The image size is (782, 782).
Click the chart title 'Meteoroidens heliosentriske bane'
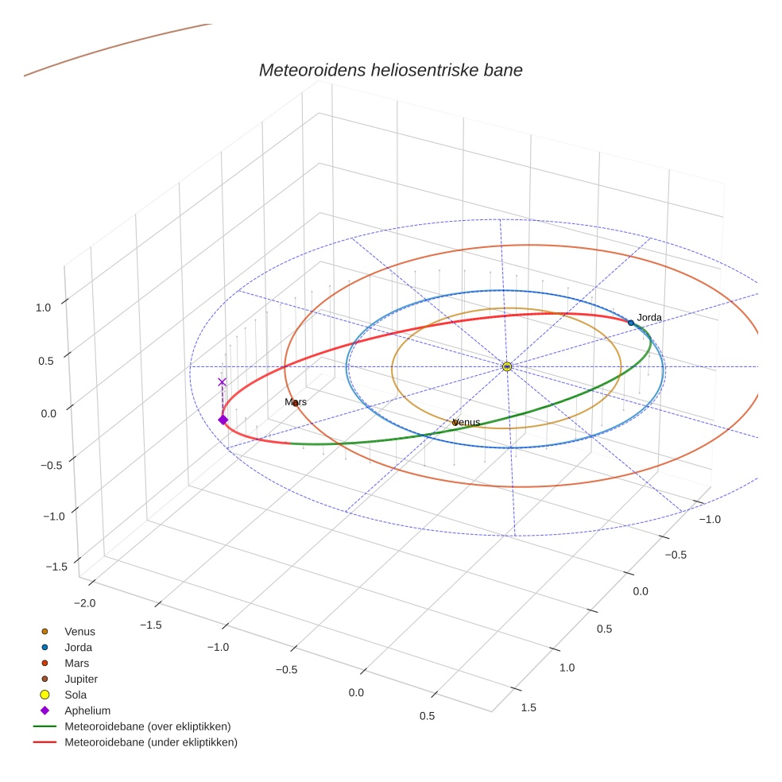coord(390,70)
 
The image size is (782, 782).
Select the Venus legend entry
coord(79,632)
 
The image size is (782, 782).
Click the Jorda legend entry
coord(79,648)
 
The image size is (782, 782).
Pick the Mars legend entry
coord(77,664)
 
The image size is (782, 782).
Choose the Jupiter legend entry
coord(81,679)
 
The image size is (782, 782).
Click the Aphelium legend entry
coord(87,711)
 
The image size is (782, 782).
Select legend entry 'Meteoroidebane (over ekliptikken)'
coord(147,726)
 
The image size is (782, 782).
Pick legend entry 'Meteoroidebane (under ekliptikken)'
coord(150,742)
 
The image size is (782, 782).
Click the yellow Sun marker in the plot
coord(507,366)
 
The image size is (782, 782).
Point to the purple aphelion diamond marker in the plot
coord(223,420)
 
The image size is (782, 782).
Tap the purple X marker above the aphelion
coord(222,382)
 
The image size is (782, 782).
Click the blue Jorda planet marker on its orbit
coord(631,323)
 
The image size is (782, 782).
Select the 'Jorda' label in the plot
coord(649,318)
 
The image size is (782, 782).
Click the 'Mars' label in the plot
coord(296,402)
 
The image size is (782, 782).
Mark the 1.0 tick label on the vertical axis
coord(44,307)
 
